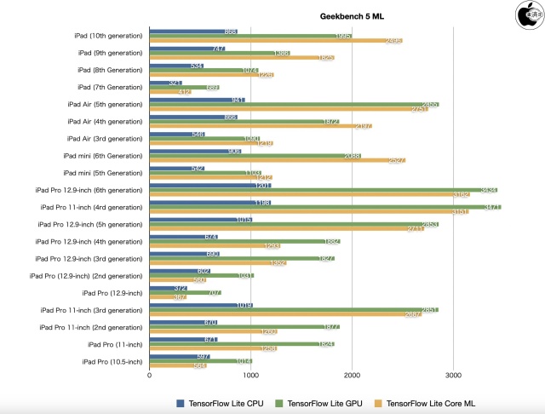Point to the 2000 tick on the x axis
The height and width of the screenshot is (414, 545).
(x=352, y=374)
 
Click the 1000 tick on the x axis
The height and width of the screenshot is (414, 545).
(x=250, y=374)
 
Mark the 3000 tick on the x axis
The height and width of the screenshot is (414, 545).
(x=453, y=374)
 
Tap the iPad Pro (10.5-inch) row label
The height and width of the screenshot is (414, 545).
(x=112, y=362)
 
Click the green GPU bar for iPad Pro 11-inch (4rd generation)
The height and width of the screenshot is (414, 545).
(x=324, y=206)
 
